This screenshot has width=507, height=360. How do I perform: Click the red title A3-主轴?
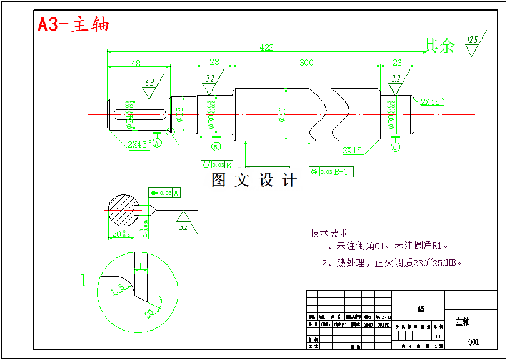[73, 24]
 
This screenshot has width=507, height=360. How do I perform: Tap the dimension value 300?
[306, 62]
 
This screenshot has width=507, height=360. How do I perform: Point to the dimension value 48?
[136, 62]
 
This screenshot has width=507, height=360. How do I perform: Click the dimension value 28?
[214, 62]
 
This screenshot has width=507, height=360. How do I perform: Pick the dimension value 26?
[397, 62]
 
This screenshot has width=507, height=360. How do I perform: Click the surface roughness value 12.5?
[472, 41]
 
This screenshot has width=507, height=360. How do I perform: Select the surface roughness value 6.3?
[149, 82]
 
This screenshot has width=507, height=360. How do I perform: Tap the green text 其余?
[439, 46]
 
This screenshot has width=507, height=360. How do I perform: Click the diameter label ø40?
[282, 114]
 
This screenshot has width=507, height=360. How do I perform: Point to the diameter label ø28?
[179, 114]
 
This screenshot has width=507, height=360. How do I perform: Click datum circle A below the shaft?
[157, 143]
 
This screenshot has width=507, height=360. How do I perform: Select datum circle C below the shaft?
[395, 147]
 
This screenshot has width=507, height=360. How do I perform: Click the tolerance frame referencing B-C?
[331, 171]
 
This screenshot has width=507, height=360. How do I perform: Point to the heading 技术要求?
[329, 233]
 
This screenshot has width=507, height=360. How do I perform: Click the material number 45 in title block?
[421, 309]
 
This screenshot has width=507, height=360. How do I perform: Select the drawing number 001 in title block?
[473, 342]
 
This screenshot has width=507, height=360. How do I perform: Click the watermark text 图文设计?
[254, 181]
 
